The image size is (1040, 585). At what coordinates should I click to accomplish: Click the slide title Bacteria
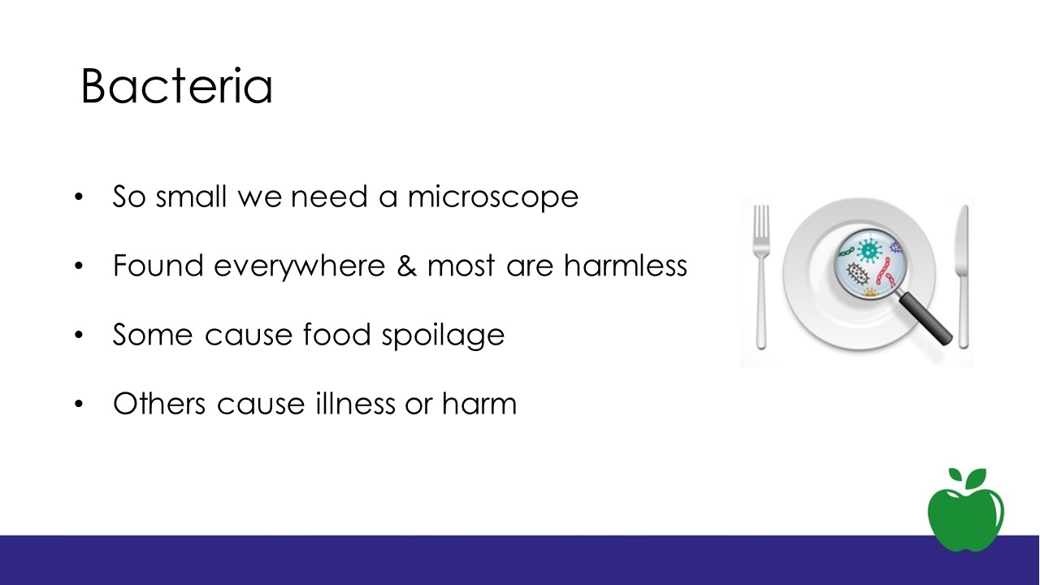[177, 86]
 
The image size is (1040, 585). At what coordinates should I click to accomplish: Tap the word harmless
[626, 266]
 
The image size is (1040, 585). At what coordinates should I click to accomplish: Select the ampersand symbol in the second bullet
[406, 266]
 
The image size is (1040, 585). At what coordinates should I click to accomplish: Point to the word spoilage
[443, 336]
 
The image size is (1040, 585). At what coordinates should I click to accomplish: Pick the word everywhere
[300, 267]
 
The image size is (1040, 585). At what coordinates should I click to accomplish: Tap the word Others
[159, 403]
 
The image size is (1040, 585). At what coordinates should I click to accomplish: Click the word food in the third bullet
[337, 334]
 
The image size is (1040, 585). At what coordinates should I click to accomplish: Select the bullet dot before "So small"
[79, 197]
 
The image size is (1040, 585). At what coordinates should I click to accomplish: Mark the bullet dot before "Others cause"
[79, 404]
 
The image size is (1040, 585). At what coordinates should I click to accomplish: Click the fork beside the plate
[761, 277]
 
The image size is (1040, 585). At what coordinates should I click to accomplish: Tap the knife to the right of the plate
[963, 277]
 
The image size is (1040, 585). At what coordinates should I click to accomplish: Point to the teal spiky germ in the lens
[869, 251]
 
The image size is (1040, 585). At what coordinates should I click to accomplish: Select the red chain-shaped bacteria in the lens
[885, 272]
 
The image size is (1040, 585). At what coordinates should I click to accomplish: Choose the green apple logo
[966, 510]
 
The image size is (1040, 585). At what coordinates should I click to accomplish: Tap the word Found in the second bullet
[158, 266]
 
